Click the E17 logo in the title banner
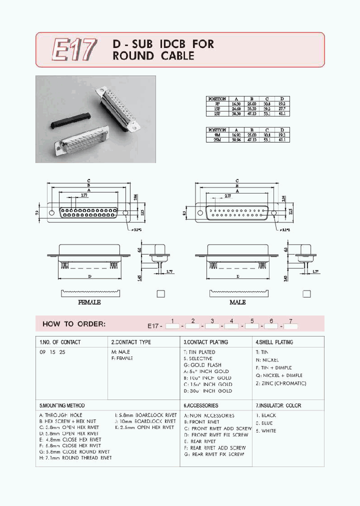coord(73,50)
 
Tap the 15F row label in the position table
coord(216,108)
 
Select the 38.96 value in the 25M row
coord(236,139)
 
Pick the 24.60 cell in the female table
coord(236,108)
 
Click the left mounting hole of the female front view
coord(51,212)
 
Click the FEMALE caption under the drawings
coord(89,302)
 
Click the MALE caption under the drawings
coord(237,302)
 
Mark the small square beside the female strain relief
coord(160,294)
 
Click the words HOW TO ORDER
coord(74,324)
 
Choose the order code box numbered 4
coord(231,326)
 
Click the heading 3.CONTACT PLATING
coord(206,342)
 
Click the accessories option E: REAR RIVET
coord(200,441)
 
